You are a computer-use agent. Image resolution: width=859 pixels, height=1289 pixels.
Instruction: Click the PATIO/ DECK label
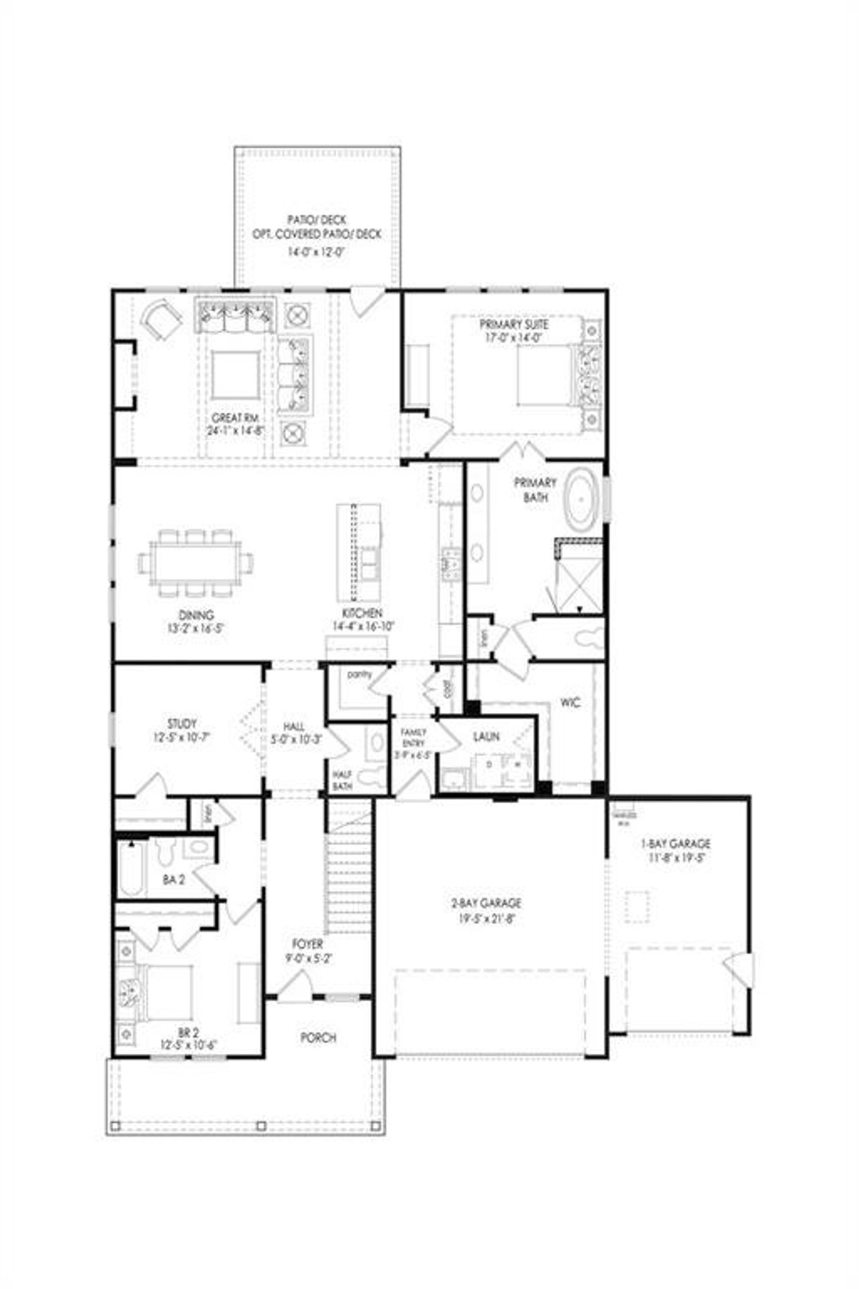(317, 220)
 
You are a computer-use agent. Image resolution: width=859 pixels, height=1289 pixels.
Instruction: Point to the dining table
(196, 563)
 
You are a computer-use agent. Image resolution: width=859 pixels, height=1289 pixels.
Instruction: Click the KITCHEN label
(362, 614)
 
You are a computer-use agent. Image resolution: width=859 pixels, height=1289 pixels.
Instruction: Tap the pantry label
(360, 674)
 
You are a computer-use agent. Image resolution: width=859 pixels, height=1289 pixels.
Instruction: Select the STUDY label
(182, 724)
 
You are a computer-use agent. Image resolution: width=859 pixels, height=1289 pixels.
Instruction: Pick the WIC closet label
(570, 703)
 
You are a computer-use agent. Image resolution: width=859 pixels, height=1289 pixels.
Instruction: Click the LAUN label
(486, 736)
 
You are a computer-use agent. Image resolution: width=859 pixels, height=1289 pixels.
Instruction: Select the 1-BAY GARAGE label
(680, 844)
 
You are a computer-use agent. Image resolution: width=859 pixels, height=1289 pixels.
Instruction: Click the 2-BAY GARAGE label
(486, 904)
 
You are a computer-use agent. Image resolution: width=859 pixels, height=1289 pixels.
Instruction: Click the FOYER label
(307, 944)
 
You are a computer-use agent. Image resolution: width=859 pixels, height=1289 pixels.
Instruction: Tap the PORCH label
(317, 1037)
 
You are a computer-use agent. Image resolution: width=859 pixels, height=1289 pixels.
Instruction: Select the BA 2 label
(173, 879)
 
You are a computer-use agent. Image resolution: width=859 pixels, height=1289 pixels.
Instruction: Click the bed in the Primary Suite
(545, 376)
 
